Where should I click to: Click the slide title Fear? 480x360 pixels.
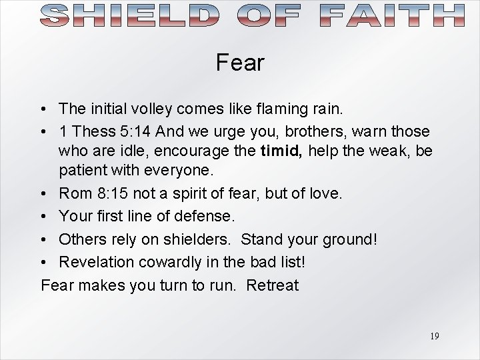(x=240, y=63)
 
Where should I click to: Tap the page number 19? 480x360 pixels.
(x=434, y=336)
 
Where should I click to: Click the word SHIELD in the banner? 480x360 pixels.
(x=126, y=15)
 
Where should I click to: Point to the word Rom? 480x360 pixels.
(x=75, y=194)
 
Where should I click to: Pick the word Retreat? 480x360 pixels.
(x=272, y=285)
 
